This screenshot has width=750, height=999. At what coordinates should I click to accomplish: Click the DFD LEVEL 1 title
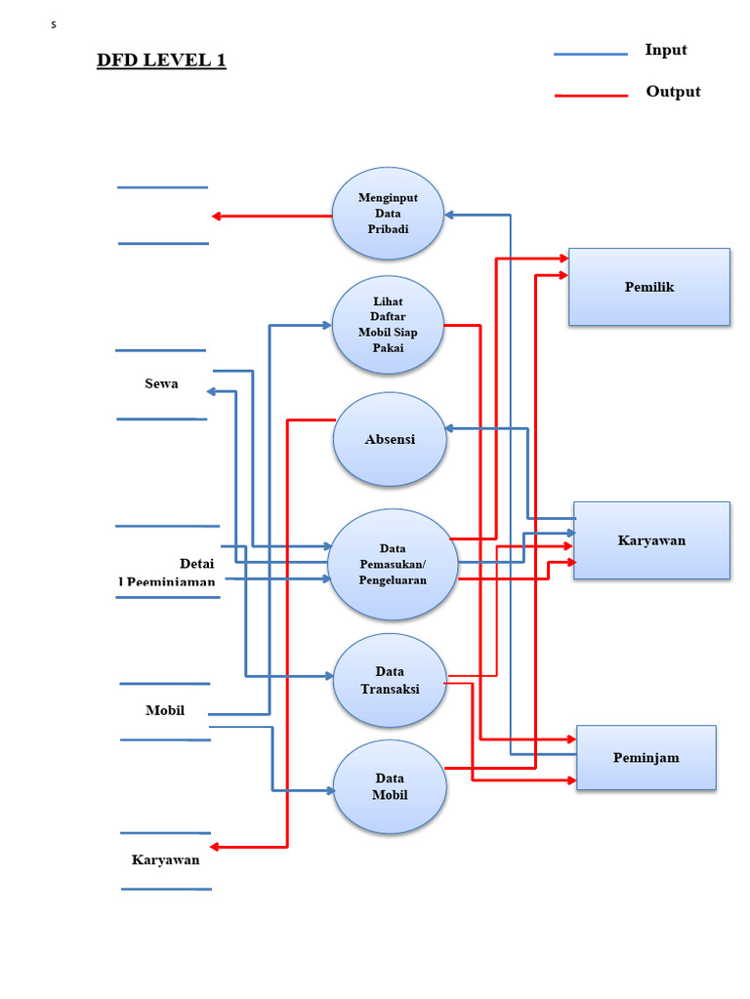161,60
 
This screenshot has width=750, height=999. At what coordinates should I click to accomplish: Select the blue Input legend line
590,55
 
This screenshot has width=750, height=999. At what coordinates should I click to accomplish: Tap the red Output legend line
590,96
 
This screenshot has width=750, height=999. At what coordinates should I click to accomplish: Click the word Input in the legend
666,50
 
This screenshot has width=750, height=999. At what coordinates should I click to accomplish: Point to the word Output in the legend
673,92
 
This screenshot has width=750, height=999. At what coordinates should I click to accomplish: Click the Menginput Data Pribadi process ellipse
388,213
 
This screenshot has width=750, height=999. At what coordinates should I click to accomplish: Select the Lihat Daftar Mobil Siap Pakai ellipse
388,325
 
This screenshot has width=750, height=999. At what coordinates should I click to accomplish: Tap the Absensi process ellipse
390,439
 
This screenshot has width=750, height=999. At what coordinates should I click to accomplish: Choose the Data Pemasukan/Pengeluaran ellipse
393,564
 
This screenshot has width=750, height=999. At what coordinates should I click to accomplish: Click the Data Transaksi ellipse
390,680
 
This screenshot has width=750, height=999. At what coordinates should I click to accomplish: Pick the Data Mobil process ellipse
390,786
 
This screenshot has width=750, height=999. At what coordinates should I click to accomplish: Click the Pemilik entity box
649,287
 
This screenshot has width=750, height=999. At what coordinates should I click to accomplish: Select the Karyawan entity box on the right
651,540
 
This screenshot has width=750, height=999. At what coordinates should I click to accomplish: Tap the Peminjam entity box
646,757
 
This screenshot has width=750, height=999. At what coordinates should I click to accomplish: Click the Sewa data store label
161,384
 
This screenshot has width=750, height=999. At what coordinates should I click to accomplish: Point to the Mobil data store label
165,710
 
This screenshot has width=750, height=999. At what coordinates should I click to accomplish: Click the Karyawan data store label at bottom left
165,859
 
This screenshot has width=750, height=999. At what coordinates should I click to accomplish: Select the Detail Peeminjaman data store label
167,573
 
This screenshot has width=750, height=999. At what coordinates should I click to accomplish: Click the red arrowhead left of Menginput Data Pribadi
217,216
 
